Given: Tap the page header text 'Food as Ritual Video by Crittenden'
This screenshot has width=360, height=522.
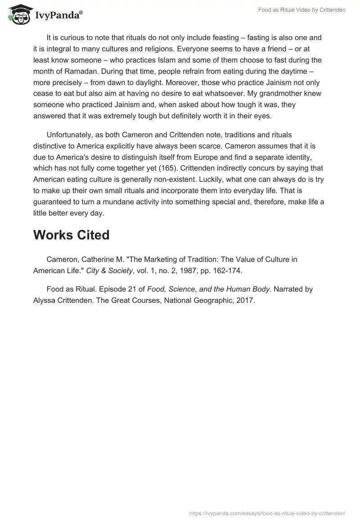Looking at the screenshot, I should coord(301,10).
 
